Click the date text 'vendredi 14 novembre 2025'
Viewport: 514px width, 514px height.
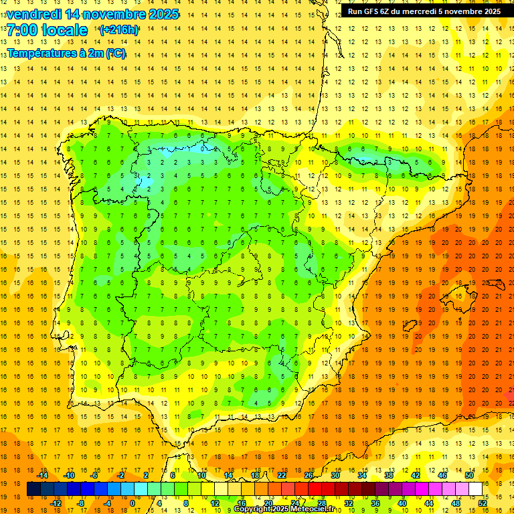coord(93,14)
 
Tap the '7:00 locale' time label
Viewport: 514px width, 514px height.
coord(47,30)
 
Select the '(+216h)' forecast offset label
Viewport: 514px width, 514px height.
coord(118,29)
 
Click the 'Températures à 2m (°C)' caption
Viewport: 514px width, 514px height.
coord(66,54)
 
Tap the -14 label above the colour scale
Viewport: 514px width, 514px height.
coord(41,475)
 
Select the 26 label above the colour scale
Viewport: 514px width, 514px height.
coord(309,475)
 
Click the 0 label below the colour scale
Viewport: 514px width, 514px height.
coord(133,503)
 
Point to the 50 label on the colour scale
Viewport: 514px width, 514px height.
coord(469,475)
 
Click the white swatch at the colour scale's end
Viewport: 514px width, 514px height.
coord(476,489)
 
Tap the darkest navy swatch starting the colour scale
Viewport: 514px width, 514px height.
coord(34,489)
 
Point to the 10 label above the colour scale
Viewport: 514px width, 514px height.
coord(201,475)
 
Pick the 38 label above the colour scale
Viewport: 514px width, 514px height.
coord(389,475)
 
